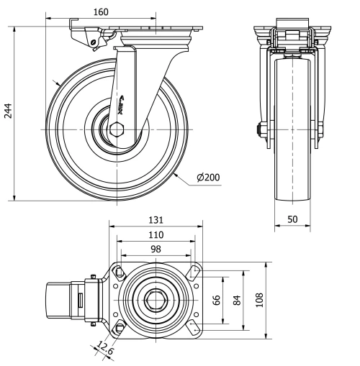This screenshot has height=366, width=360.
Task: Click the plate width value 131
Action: click(156, 219)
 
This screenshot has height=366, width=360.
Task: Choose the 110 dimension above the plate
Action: click(156, 234)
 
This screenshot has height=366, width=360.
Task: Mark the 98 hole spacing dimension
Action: click(156, 248)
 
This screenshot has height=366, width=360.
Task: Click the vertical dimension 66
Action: click(216, 300)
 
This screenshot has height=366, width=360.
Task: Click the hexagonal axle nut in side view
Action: click(118, 130)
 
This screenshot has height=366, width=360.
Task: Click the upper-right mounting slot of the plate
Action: click(192, 273)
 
